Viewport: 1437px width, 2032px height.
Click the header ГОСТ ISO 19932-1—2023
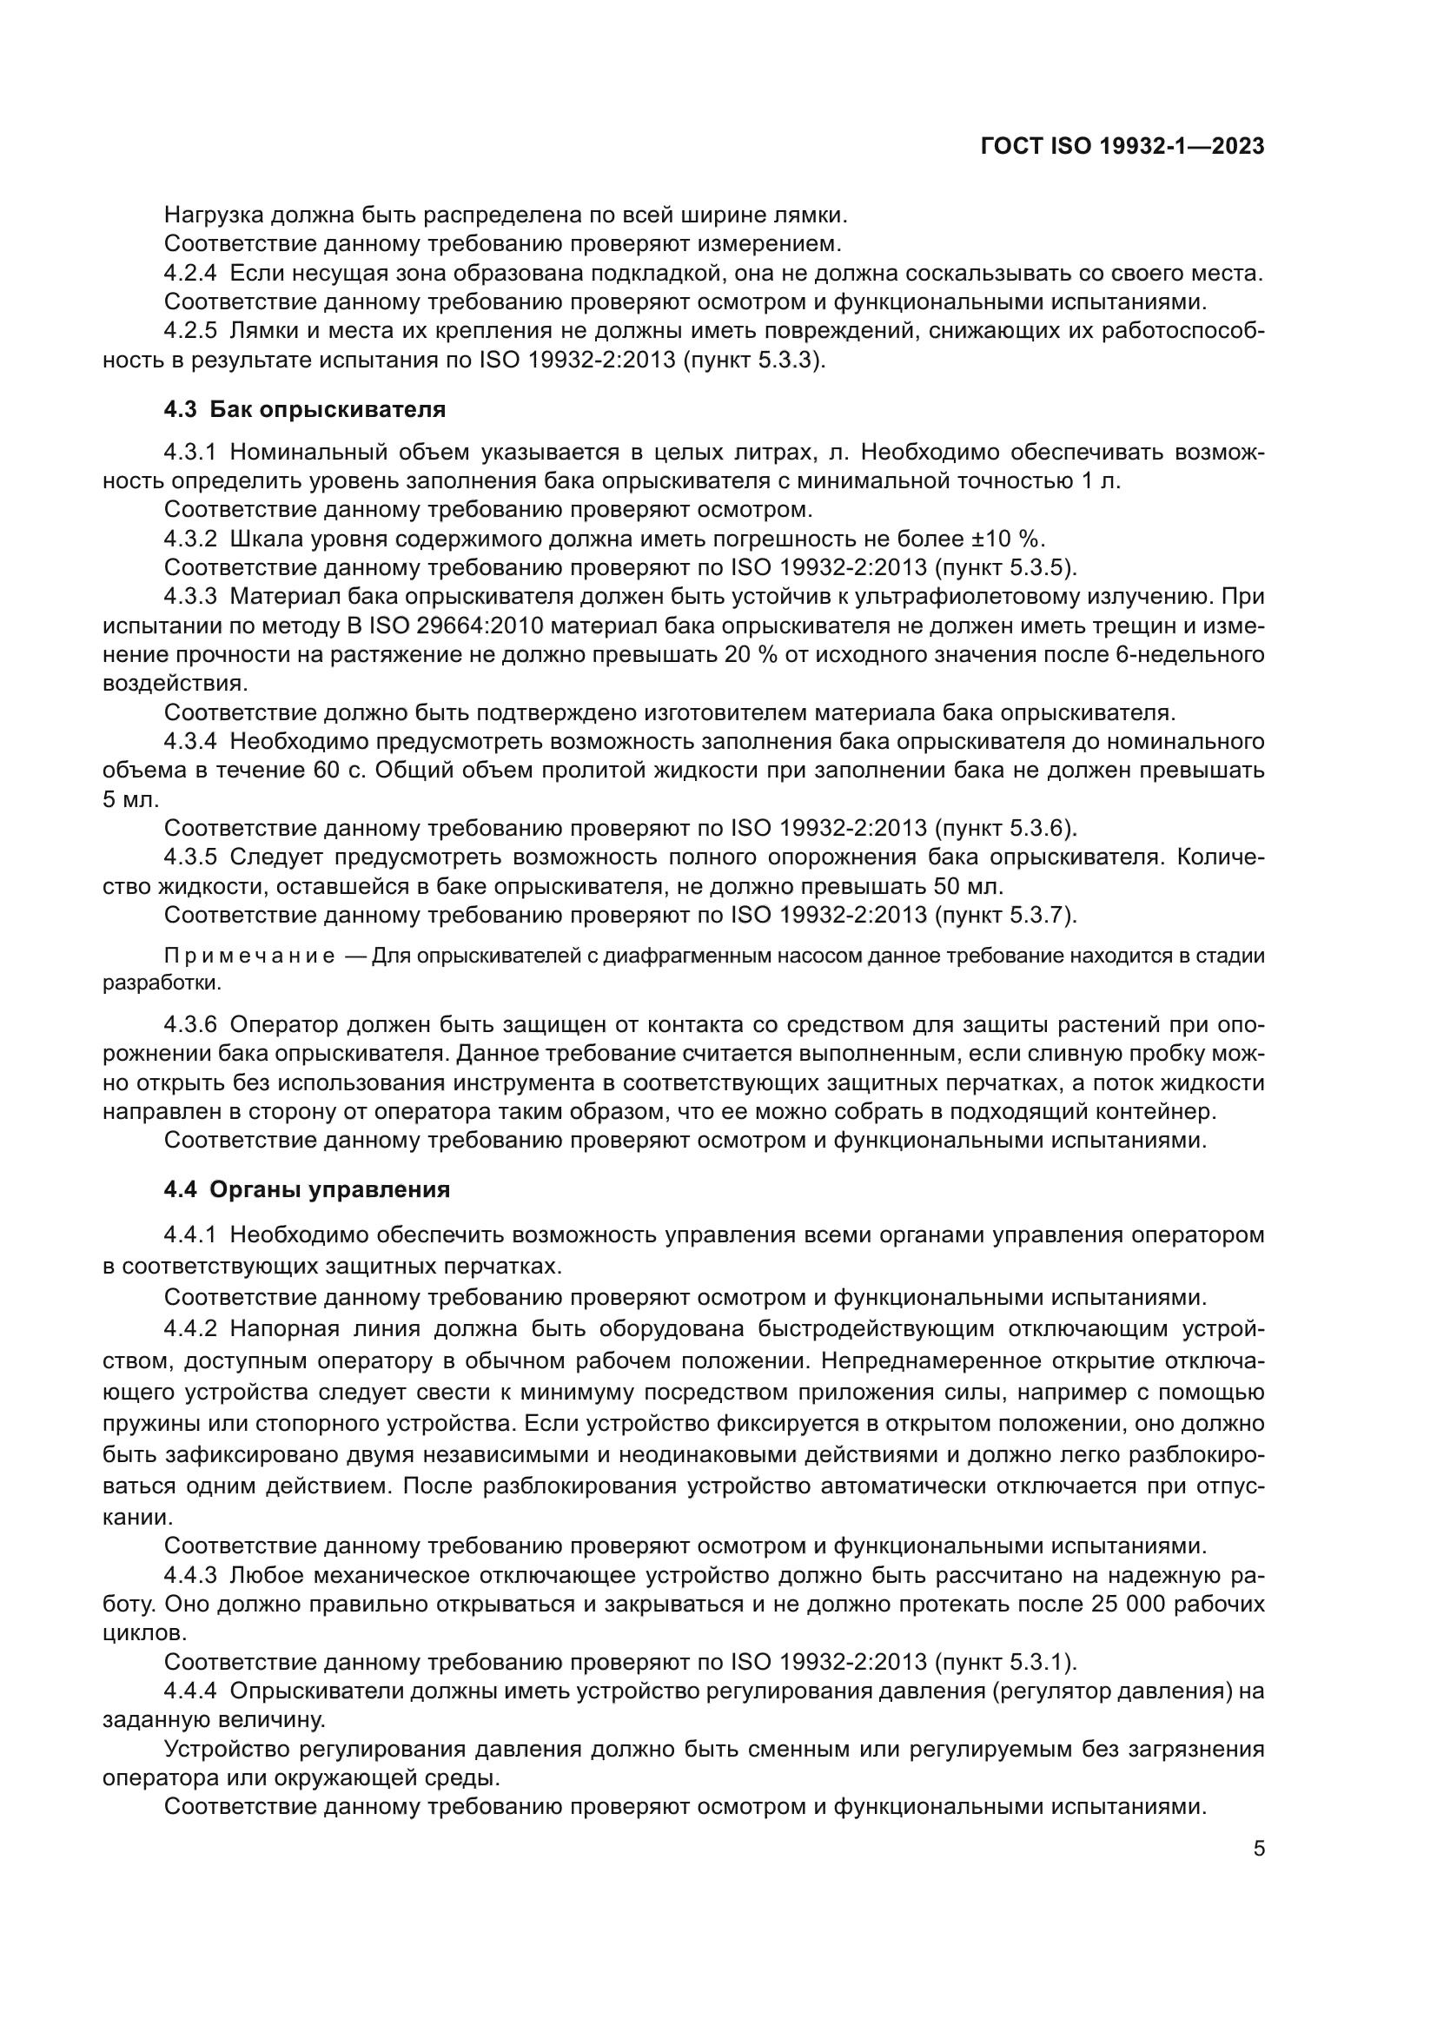[1122, 147]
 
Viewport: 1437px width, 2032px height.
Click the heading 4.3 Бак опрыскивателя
[304, 410]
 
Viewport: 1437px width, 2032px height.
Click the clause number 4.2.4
[190, 274]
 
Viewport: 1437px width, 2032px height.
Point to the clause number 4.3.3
[190, 598]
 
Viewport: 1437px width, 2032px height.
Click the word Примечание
[249, 956]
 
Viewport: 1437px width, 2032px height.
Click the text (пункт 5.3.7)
[1005, 914]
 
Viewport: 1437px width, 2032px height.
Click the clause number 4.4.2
[190, 1329]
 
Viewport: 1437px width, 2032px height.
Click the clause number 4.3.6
[190, 1025]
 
